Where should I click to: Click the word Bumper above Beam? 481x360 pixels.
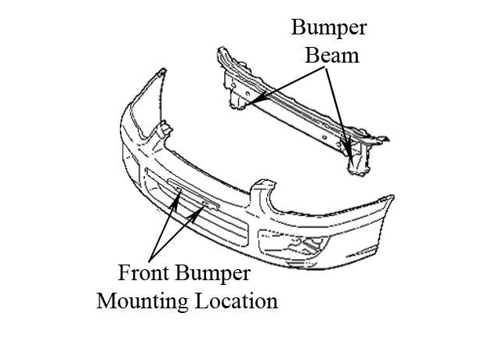point(329,28)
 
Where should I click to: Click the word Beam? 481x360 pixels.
point(329,56)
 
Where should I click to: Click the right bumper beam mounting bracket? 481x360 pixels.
point(357,157)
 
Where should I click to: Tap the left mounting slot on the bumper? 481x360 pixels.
point(179,190)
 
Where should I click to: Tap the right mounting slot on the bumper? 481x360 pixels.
point(208,204)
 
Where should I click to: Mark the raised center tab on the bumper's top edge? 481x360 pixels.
point(263,193)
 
